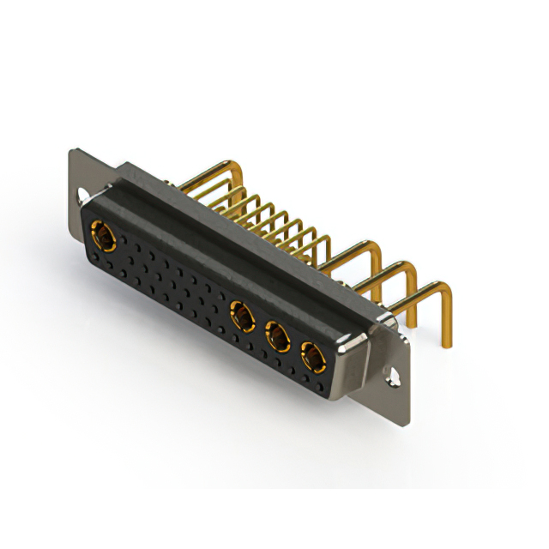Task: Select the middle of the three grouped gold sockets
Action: [x=277, y=336]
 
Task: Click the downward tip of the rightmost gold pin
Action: [x=448, y=343]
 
